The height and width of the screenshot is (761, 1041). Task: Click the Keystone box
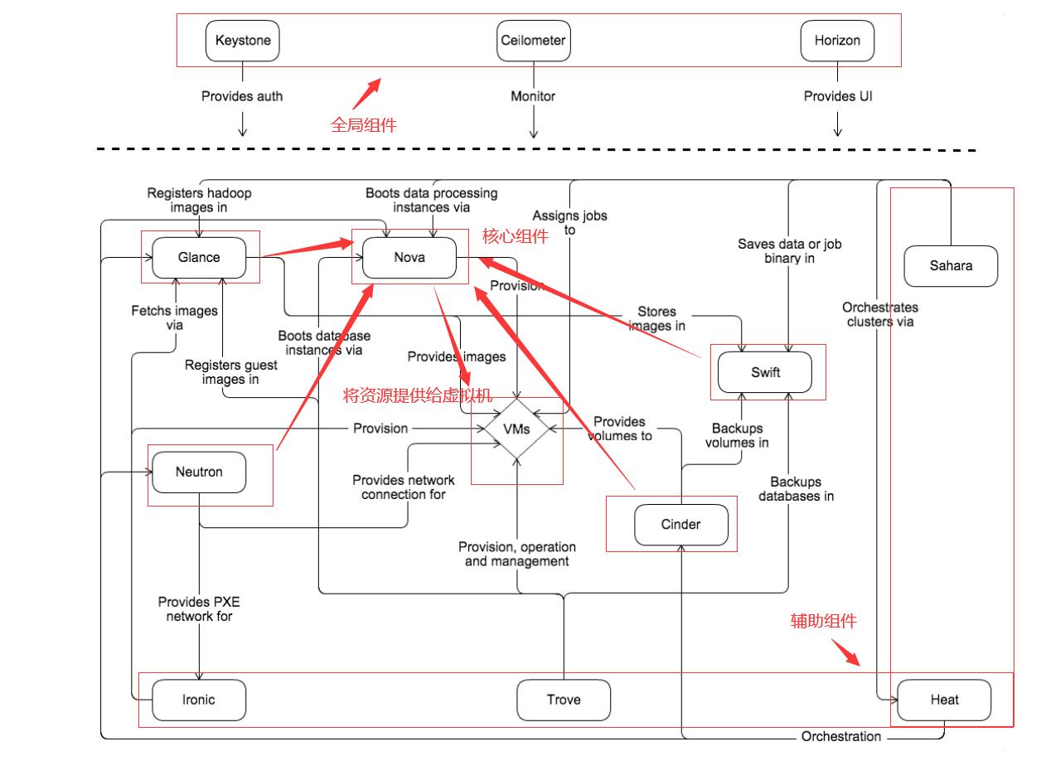(242, 41)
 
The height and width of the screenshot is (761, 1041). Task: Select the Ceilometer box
(533, 41)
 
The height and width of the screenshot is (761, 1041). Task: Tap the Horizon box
(836, 41)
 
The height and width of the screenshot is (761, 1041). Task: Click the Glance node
(199, 257)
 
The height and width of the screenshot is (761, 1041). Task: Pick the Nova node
(409, 257)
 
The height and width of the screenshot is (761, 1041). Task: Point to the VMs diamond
(516, 429)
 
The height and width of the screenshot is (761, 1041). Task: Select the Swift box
(765, 372)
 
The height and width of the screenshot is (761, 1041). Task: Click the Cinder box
(680, 524)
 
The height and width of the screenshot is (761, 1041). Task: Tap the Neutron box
(199, 473)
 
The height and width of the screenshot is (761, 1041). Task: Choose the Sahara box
(950, 266)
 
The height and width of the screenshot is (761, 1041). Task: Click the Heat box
(944, 700)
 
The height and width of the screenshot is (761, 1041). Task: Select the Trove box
(563, 700)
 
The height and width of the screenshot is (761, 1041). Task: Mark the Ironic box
(199, 700)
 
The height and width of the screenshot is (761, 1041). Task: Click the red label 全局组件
(364, 125)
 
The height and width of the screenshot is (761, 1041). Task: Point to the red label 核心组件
(516, 236)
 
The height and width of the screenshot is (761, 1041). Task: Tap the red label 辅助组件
(823, 620)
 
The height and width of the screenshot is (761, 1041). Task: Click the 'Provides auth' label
(242, 96)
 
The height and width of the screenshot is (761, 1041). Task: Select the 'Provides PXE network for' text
(199, 609)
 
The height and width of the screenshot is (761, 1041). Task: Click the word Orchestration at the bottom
(841, 736)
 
